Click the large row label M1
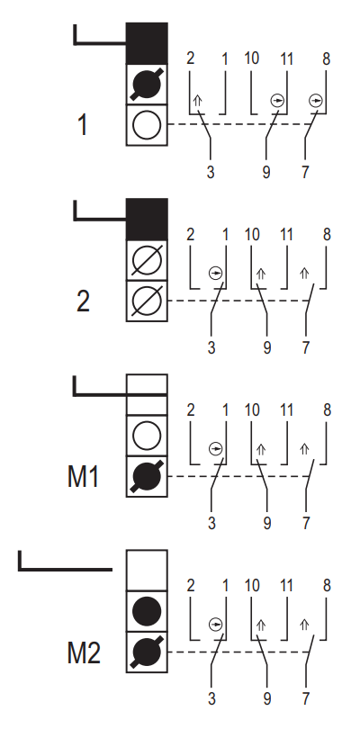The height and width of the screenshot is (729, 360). (x=84, y=476)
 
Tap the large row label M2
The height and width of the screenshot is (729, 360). (x=84, y=652)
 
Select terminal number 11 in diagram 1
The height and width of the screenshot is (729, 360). (x=287, y=59)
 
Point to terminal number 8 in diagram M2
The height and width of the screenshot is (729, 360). (x=327, y=586)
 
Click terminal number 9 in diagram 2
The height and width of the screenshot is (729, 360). (x=266, y=347)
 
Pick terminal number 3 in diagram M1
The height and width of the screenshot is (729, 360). (x=211, y=524)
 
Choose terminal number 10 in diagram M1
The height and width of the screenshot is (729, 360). (x=252, y=410)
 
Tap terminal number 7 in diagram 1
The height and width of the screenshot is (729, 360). (x=305, y=172)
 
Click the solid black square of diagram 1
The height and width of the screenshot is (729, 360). (x=147, y=43)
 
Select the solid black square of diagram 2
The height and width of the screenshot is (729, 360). (x=147, y=219)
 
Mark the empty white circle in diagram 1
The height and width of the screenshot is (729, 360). (x=147, y=125)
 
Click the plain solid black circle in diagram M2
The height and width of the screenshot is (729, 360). (x=147, y=611)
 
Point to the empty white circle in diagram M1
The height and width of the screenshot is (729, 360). (x=147, y=436)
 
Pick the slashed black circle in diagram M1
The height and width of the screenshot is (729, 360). (x=147, y=476)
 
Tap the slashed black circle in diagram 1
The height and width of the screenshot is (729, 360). (x=147, y=84)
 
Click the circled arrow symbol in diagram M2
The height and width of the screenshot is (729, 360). (x=215, y=624)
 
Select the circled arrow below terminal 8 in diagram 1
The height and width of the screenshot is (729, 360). (x=315, y=101)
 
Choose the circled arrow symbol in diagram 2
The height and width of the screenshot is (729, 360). (x=215, y=273)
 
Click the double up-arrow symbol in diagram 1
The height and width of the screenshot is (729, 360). (x=198, y=101)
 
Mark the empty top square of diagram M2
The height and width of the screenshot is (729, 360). (x=147, y=571)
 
